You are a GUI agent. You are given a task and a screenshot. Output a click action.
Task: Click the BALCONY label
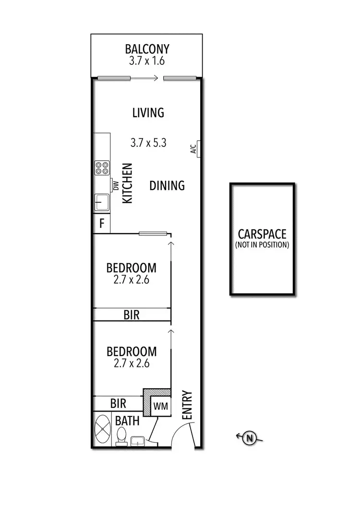point(147,49)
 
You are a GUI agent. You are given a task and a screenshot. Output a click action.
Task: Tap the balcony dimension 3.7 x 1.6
point(147,61)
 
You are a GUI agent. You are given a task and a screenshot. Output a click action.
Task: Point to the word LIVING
point(148,113)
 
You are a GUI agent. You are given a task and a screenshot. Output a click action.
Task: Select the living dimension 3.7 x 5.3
point(148,142)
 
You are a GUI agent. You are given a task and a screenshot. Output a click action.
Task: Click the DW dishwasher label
point(116,185)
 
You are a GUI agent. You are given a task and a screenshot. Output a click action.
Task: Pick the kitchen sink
point(101,202)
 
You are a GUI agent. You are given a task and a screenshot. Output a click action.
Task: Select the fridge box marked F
point(102,224)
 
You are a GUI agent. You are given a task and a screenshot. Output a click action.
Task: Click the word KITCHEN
point(128,184)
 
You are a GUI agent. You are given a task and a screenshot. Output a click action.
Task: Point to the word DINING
point(167,185)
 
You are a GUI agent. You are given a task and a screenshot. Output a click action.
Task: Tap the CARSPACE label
point(262,234)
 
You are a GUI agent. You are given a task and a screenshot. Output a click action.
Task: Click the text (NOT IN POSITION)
point(262,245)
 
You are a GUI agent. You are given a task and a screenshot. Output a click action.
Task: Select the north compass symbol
point(249,438)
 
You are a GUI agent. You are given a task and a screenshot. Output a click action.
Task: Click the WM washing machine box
point(160,406)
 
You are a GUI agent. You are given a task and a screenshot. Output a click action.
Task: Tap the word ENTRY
point(187,406)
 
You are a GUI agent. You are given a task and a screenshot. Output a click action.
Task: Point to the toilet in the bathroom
point(121,436)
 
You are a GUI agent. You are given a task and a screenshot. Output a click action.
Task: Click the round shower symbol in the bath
point(103,429)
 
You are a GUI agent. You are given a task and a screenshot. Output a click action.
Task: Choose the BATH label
point(128,421)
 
